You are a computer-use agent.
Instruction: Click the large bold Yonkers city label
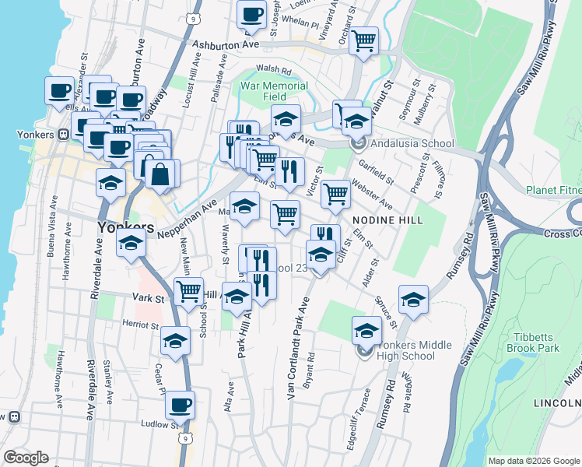point(125,227)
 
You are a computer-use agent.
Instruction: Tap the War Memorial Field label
point(275,91)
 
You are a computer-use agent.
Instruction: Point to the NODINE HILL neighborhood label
point(387,220)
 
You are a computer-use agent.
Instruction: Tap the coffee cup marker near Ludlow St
point(180,406)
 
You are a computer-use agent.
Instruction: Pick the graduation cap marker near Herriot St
point(176,341)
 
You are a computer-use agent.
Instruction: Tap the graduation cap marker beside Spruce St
point(414,299)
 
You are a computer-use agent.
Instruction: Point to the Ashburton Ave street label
point(226,45)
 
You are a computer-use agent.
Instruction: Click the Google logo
point(26,458)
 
